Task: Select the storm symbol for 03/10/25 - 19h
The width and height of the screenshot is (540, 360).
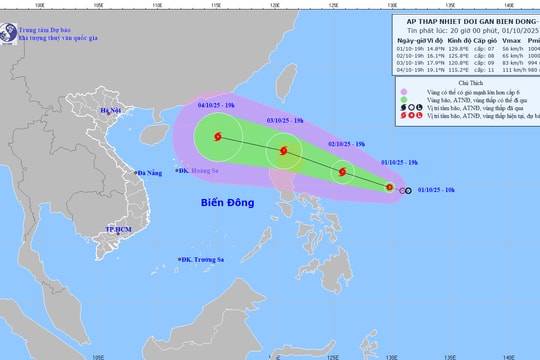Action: click(286, 152)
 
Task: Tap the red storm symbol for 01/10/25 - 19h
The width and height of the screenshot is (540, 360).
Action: click(392, 189)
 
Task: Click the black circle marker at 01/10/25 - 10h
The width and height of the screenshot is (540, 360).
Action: click(406, 190)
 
